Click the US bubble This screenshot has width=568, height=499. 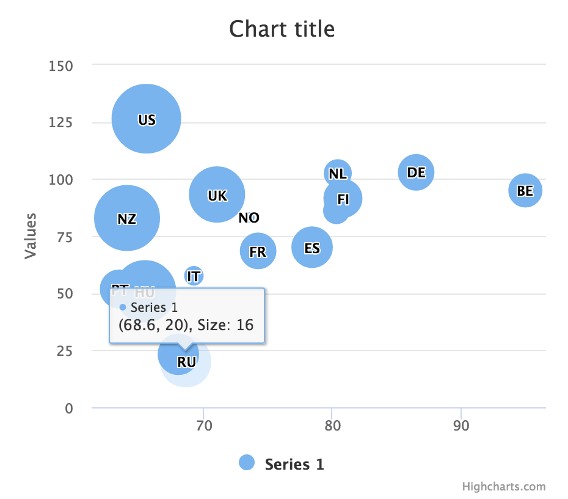tap(146, 119)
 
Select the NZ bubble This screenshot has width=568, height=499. tap(127, 218)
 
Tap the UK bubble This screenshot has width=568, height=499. tap(217, 194)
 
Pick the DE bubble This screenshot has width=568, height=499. tap(416, 172)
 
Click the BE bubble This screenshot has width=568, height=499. tap(525, 190)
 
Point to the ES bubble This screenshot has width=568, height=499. tap(311, 247)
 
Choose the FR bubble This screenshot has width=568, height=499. tap(258, 251)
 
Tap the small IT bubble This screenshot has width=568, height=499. tap(194, 276)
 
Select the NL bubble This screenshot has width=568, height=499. tap(338, 173)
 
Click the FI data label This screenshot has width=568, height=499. tap(343, 199)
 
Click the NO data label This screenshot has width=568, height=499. tap(249, 218)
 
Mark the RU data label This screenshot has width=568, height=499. tap(186, 362)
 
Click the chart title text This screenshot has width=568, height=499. tap(282, 29)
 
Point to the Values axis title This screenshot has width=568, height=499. tap(31, 235)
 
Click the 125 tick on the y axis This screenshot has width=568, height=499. tap(61, 122)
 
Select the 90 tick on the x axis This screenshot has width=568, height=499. tap(461, 426)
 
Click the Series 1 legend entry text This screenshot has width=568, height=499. tap(294, 464)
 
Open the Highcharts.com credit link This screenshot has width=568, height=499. tap(503, 487)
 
